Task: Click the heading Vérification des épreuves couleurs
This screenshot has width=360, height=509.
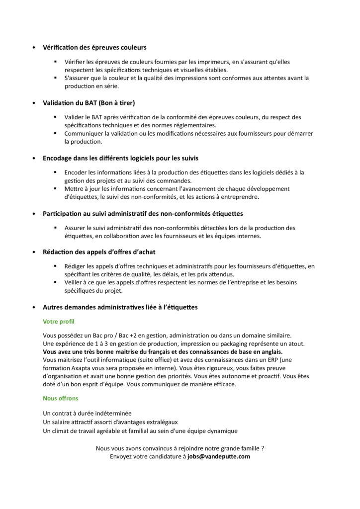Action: click(94, 48)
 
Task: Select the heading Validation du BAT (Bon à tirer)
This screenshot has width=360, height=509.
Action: click(89, 103)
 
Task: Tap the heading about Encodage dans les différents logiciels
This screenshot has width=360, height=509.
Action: click(120, 158)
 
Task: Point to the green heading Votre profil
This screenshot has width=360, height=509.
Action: click(59, 322)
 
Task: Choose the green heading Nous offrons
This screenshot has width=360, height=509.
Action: click(61, 399)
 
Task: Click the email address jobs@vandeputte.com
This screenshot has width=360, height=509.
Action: click(219, 456)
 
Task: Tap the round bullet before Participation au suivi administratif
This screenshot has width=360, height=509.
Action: click(33, 214)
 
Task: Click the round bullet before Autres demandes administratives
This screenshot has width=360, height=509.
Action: click(33, 308)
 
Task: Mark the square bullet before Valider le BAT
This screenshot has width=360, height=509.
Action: click(56, 117)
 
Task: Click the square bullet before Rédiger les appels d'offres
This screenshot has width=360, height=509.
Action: click(56, 266)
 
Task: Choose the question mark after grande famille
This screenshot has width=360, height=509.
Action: click(263, 448)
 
